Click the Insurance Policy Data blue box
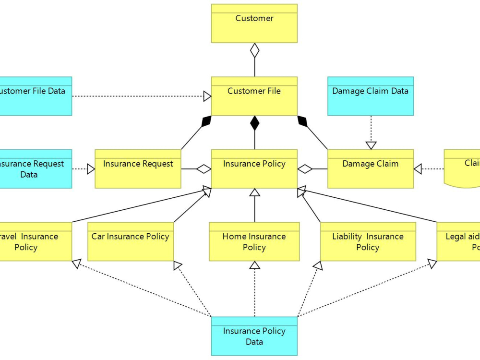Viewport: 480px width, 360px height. click(x=254, y=336)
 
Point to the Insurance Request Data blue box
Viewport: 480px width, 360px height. click(x=34, y=168)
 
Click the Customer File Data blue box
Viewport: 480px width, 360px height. click(x=34, y=96)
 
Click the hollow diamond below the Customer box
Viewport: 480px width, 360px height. click(x=254, y=50)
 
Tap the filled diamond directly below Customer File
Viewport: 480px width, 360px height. click(x=254, y=123)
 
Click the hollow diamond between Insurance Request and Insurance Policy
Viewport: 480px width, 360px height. click(x=204, y=168)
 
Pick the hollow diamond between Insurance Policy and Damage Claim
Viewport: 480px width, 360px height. click(x=305, y=168)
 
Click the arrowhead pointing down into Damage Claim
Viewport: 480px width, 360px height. click(x=371, y=145)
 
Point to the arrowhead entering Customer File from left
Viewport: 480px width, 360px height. click(x=207, y=96)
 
